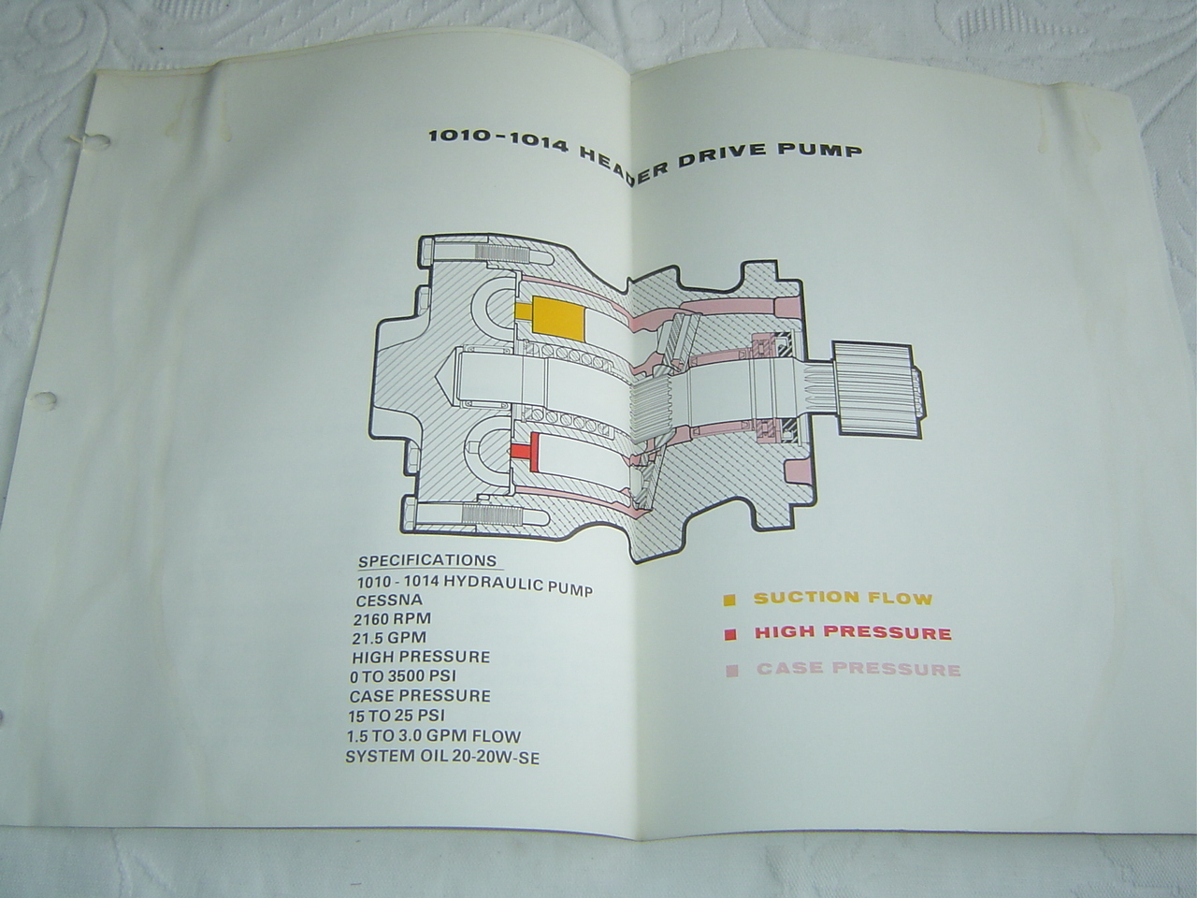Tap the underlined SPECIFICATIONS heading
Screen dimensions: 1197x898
pyautogui.click(x=427, y=560)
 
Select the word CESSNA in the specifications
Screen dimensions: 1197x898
pyautogui.click(x=389, y=601)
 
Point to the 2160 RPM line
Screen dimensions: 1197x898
pyautogui.click(x=392, y=619)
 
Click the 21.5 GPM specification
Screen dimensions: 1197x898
pyautogui.click(x=390, y=637)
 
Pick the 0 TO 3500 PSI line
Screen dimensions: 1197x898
pyautogui.click(x=403, y=676)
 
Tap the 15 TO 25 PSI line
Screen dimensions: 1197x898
pyautogui.click(x=397, y=716)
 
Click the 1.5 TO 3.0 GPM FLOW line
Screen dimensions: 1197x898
pyautogui.click(x=434, y=736)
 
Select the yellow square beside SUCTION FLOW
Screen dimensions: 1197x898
pyautogui.click(x=729, y=601)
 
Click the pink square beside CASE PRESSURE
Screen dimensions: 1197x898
pyautogui.click(x=732, y=670)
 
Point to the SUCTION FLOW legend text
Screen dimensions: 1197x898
pyautogui.click(x=844, y=598)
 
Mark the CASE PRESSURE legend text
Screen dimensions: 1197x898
pyautogui.click(x=858, y=669)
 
